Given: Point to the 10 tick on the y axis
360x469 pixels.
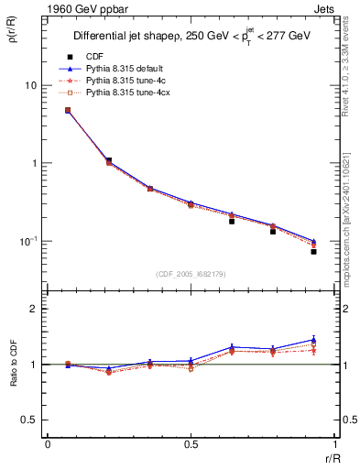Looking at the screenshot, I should tap(31, 85).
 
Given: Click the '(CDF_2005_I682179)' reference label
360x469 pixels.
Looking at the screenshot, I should tap(190, 275).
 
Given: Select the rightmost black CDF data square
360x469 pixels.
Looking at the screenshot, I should tap(313, 251).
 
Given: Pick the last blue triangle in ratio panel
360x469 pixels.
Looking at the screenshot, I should tap(313, 339).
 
